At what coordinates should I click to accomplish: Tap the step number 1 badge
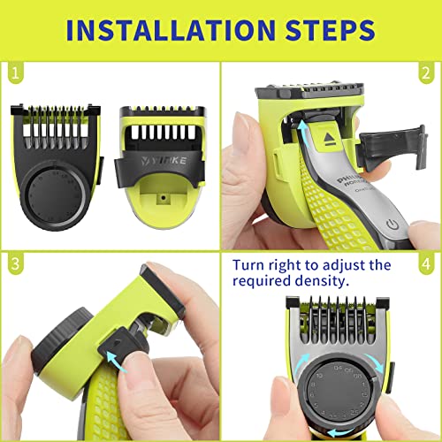(12, 69)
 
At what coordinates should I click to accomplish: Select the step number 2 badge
(428, 69)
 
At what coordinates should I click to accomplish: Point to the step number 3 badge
(12, 263)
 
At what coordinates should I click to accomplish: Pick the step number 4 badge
(428, 263)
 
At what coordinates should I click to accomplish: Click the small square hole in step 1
(164, 202)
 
